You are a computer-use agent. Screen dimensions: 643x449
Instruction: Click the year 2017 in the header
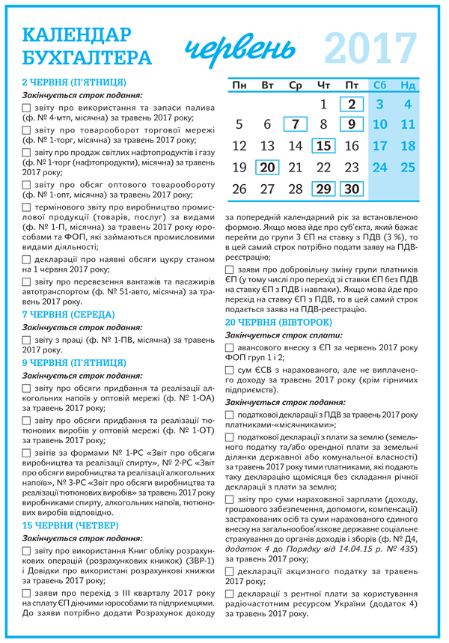click(371, 48)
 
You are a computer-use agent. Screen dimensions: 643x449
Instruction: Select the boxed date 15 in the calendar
click(323, 146)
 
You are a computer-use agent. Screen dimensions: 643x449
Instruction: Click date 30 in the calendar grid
click(351, 189)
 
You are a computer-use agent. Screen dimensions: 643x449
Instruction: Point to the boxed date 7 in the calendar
click(296, 124)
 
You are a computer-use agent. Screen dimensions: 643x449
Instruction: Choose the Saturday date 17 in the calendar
click(379, 146)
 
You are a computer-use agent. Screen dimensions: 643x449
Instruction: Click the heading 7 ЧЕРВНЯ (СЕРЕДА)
click(68, 314)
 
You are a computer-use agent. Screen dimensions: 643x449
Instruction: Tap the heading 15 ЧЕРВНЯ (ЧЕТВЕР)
click(68, 525)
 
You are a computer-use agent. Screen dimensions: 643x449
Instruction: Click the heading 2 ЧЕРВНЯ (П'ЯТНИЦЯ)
click(74, 82)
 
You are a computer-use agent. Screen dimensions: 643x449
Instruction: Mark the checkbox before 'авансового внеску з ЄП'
click(230, 348)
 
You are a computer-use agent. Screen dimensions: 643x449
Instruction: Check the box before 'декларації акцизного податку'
click(230, 572)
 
